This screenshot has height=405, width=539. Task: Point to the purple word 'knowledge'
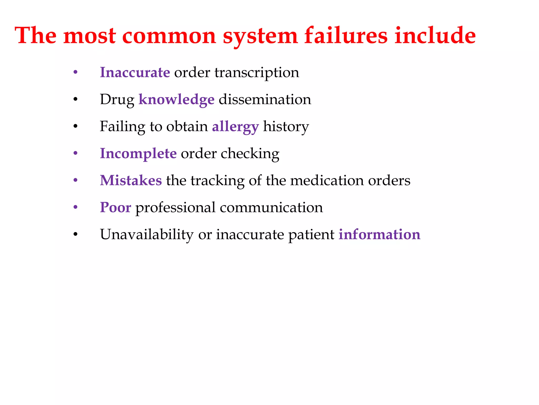[x=176, y=100]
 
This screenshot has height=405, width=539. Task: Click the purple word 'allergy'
[x=235, y=127]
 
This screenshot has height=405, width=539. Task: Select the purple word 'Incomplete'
[x=138, y=154]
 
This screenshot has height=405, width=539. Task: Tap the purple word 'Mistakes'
[x=131, y=181]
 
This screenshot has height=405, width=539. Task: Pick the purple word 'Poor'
[x=115, y=208]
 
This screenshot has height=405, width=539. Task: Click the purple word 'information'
[x=379, y=234]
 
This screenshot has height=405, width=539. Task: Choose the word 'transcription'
[x=257, y=73]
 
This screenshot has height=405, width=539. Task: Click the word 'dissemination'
[x=265, y=100]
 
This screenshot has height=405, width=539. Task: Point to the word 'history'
[x=286, y=127]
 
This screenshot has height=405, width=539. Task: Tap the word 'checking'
[x=250, y=154]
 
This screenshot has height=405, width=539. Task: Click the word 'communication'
[x=271, y=208]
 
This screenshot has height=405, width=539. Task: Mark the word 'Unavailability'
[x=147, y=234]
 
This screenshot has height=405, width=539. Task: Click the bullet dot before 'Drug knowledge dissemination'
[x=76, y=100]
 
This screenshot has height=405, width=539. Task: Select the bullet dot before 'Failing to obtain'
[x=76, y=127]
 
